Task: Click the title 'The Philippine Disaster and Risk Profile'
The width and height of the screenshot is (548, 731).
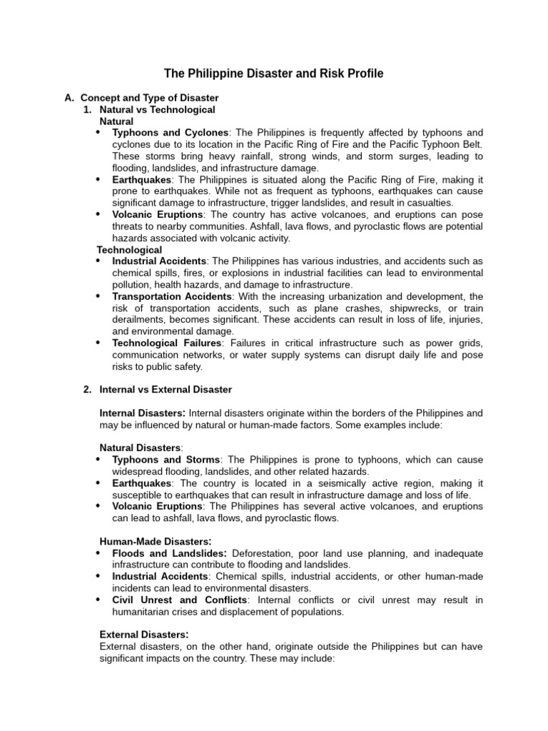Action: pyautogui.click(x=274, y=73)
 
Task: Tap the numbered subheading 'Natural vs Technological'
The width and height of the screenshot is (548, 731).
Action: pyautogui.click(x=157, y=110)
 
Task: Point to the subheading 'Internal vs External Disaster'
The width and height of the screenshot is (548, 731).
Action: pyautogui.click(x=166, y=390)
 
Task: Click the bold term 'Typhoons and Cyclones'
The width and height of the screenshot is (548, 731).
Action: pyautogui.click(x=171, y=133)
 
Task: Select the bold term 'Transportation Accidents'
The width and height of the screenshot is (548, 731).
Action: pyautogui.click(x=172, y=296)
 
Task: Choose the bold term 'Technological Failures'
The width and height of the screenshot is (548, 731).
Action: pyautogui.click(x=167, y=343)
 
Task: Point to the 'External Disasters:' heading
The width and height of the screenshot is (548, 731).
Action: pyautogui.click(x=144, y=634)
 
